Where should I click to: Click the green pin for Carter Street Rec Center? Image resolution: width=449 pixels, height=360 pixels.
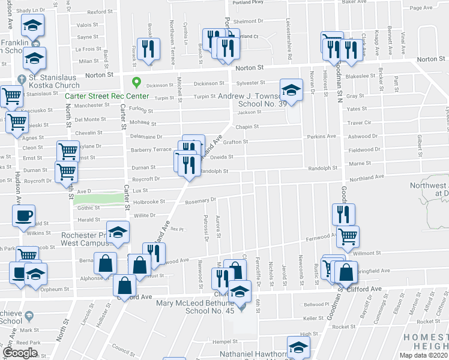(x=136, y=83)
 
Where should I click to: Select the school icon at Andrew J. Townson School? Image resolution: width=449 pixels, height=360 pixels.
(x=291, y=90)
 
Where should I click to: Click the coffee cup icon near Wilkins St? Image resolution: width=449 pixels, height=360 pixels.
(x=23, y=216)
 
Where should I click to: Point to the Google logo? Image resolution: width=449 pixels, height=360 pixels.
(x=19, y=353)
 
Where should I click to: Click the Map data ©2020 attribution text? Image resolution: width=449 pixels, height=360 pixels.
(x=423, y=355)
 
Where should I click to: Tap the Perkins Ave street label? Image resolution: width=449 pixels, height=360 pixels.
(x=321, y=136)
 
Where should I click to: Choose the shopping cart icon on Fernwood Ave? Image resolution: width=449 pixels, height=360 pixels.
(x=348, y=237)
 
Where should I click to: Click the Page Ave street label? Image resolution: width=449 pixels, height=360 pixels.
(x=421, y=8)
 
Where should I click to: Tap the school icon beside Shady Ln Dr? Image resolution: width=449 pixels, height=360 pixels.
(x=32, y=26)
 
